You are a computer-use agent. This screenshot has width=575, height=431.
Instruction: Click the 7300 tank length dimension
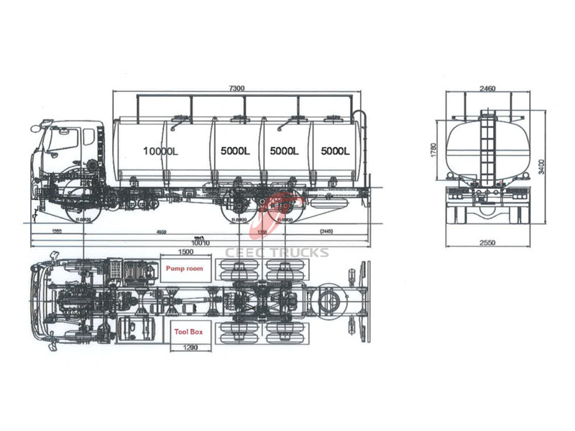(x=237, y=88)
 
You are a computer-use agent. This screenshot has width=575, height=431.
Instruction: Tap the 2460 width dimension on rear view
(x=488, y=88)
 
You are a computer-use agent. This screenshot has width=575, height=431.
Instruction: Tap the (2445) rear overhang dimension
(x=328, y=232)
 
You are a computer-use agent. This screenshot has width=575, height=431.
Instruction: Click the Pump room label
(x=185, y=269)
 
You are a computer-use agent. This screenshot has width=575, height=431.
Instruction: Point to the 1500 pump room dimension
(x=185, y=252)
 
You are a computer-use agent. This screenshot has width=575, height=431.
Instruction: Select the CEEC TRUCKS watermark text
(x=277, y=252)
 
